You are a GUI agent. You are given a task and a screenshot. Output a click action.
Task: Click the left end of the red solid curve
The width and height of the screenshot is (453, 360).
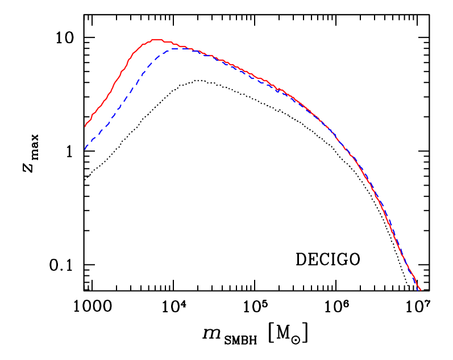pos(85,127)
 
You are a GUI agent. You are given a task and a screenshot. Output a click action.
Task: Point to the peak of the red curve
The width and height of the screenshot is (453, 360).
pos(155,39)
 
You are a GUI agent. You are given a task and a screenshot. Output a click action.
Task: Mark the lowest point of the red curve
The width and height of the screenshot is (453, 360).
pos(420,290)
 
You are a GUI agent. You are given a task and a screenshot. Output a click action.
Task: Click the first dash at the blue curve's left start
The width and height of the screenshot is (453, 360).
pos(86,146)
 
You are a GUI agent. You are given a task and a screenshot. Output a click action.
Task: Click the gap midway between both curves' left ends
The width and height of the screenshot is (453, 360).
pos(85,137)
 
